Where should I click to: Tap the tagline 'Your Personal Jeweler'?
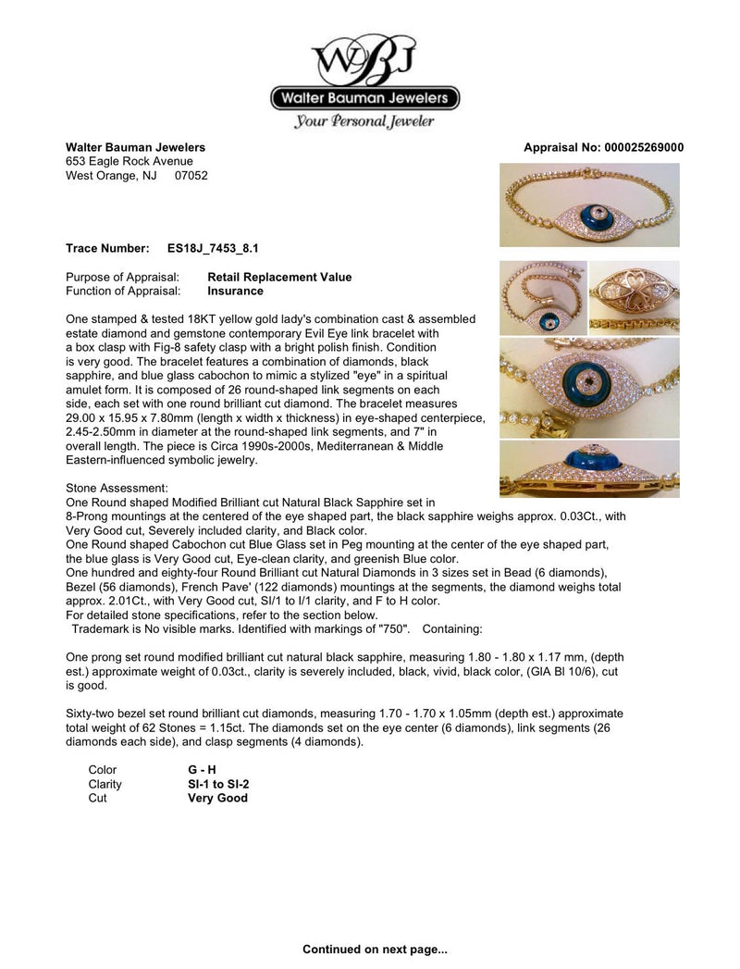click(364, 121)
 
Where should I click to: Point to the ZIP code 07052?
click(191, 176)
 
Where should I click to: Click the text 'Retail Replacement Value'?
click(279, 277)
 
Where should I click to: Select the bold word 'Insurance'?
click(235, 291)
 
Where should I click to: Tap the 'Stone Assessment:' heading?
click(117, 487)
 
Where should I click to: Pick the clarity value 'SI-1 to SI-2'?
click(218, 784)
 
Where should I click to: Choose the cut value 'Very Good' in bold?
click(217, 798)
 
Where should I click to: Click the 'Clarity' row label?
click(105, 784)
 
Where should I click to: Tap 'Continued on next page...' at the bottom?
click(375, 950)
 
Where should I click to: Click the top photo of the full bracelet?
click(589, 205)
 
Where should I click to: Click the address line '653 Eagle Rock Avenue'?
click(129, 162)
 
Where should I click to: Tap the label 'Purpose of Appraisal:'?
click(123, 277)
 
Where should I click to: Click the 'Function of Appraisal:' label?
click(123, 291)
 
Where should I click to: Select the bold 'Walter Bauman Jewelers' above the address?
click(135, 148)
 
